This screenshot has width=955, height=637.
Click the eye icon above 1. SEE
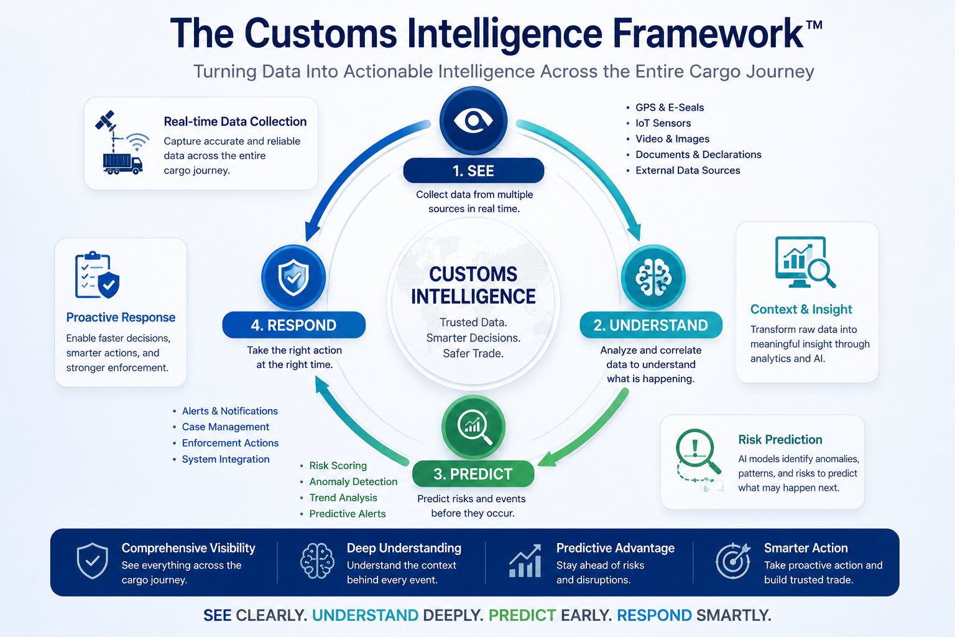tap(473, 120)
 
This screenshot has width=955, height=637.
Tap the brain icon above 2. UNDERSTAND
tap(653, 277)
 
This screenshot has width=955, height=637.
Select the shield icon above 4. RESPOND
tap(293, 277)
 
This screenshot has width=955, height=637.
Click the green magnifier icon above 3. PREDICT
tap(473, 427)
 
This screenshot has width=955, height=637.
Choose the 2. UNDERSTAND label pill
tap(650, 325)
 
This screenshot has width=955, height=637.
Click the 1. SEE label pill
tap(473, 170)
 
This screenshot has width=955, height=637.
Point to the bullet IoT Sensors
tap(663, 123)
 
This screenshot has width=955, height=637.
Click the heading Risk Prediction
tap(780, 439)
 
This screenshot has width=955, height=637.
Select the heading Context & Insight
tap(801, 309)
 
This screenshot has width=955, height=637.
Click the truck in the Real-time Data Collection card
tap(122, 164)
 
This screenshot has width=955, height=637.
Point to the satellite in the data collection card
tap(106, 120)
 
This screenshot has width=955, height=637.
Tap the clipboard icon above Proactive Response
tap(93, 275)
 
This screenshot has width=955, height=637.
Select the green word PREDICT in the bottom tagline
tap(522, 615)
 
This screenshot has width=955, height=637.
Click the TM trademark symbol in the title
tap(814, 25)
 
